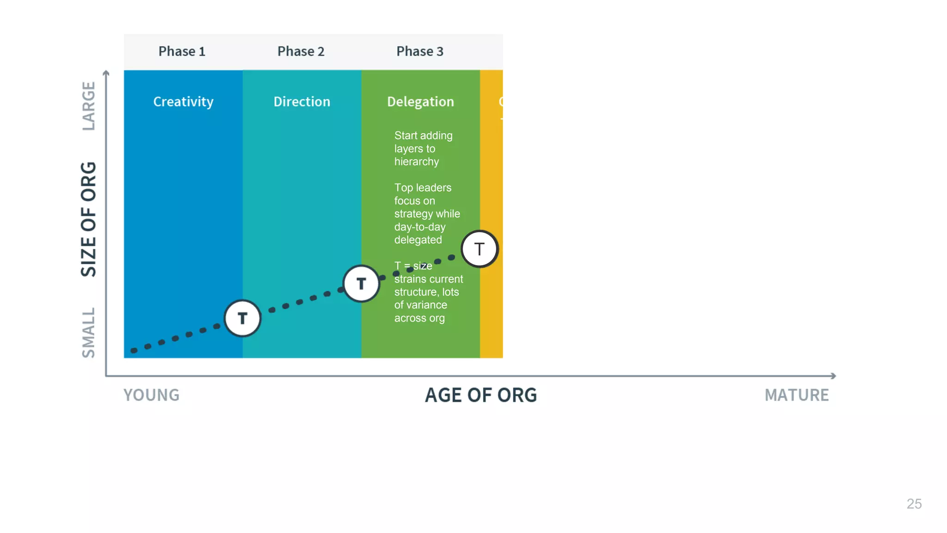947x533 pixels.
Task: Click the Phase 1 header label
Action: point(182,51)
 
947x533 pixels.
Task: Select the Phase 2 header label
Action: point(301,51)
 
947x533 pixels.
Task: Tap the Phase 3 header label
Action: point(419,51)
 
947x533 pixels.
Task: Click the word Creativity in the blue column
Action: point(183,101)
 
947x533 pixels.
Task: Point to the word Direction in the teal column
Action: point(301,101)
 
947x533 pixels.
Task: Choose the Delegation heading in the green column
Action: point(420,101)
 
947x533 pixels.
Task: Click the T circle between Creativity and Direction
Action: point(242,318)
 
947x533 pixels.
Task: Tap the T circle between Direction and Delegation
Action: point(361,284)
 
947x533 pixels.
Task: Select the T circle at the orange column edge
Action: point(480,249)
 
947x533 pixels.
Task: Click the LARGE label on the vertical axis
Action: point(88,106)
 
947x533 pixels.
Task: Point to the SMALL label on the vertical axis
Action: point(88,333)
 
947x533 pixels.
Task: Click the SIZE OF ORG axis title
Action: point(88,219)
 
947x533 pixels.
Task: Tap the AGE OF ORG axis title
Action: point(480,395)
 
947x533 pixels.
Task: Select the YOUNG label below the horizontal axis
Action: point(151,395)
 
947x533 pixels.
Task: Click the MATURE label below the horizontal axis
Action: point(796,395)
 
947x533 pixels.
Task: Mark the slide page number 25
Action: point(914,504)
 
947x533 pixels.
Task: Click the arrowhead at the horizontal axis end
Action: point(833,376)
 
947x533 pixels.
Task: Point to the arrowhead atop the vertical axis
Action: point(106,73)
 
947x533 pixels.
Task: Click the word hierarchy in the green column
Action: point(416,161)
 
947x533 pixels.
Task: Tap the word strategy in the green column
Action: point(413,214)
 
